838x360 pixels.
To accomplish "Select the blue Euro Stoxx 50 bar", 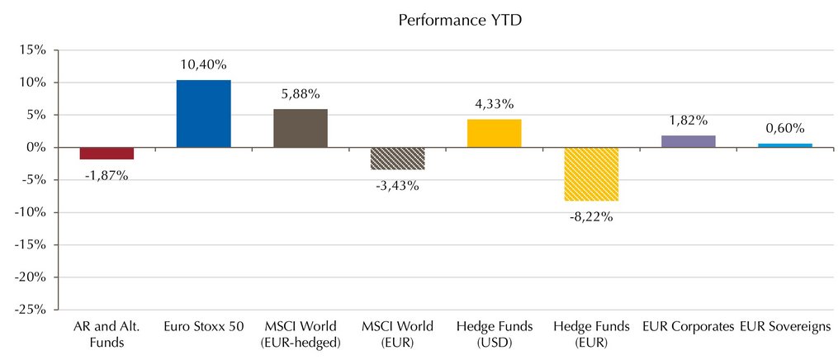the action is (204, 114).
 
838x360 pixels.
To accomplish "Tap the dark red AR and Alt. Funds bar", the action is (107, 154).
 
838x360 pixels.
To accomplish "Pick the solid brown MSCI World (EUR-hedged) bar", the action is (301, 128).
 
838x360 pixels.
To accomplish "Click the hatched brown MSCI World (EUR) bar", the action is (397, 159).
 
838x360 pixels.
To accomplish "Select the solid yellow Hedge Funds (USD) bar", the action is (495, 134).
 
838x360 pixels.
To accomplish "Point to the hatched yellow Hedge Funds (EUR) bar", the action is (591, 174).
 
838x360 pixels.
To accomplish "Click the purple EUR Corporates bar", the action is (689, 141).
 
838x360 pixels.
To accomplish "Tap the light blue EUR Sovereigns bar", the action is (785, 145).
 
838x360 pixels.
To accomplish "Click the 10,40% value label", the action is (204, 65).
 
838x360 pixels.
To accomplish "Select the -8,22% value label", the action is (591, 217).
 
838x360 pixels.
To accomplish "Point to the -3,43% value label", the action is (397, 187).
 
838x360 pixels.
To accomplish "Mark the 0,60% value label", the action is (785, 128).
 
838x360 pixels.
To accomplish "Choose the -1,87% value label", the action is (107, 175).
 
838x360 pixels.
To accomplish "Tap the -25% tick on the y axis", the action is (31, 310).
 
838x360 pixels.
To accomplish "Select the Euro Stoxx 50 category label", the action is (204, 326).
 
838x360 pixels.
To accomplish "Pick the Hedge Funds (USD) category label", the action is (495, 334).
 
